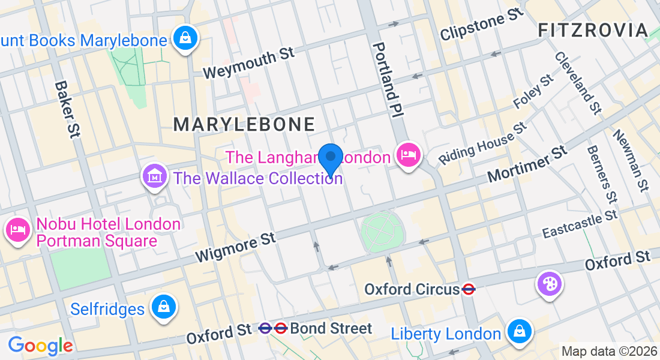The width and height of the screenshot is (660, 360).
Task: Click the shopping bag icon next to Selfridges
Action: pyautogui.click(x=163, y=307)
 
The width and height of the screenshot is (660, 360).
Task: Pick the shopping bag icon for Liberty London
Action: pyautogui.click(x=517, y=332)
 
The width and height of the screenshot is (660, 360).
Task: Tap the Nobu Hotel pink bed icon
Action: pyautogui.click(x=17, y=230)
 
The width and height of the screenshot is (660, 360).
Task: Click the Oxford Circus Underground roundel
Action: pyautogui.click(x=469, y=290)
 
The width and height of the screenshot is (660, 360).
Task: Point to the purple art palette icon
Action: pyautogui.click(x=550, y=283)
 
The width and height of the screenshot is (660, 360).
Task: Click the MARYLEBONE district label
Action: pyautogui.click(x=244, y=124)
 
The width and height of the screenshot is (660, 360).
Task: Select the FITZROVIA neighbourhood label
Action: pyautogui.click(x=593, y=30)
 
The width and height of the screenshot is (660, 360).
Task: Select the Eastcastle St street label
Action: pyautogui.click(x=580, y=224)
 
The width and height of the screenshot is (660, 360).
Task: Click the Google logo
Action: pyautogui.click(x=40, y=346)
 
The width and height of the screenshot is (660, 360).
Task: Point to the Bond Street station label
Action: pyautogui.click(x=331, y=329)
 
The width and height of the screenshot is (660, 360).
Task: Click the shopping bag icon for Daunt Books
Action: pyautogui.click(x=185, y=39)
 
